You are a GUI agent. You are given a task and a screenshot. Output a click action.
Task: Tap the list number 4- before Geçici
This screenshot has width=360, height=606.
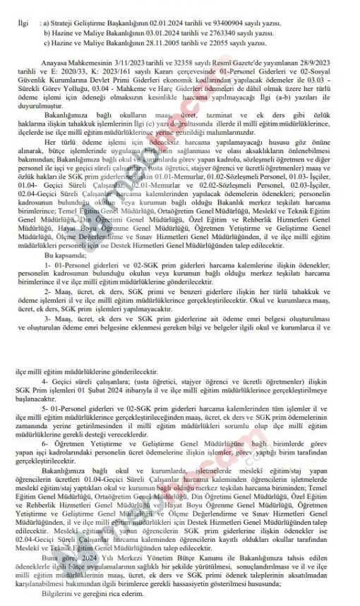(47, 382)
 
